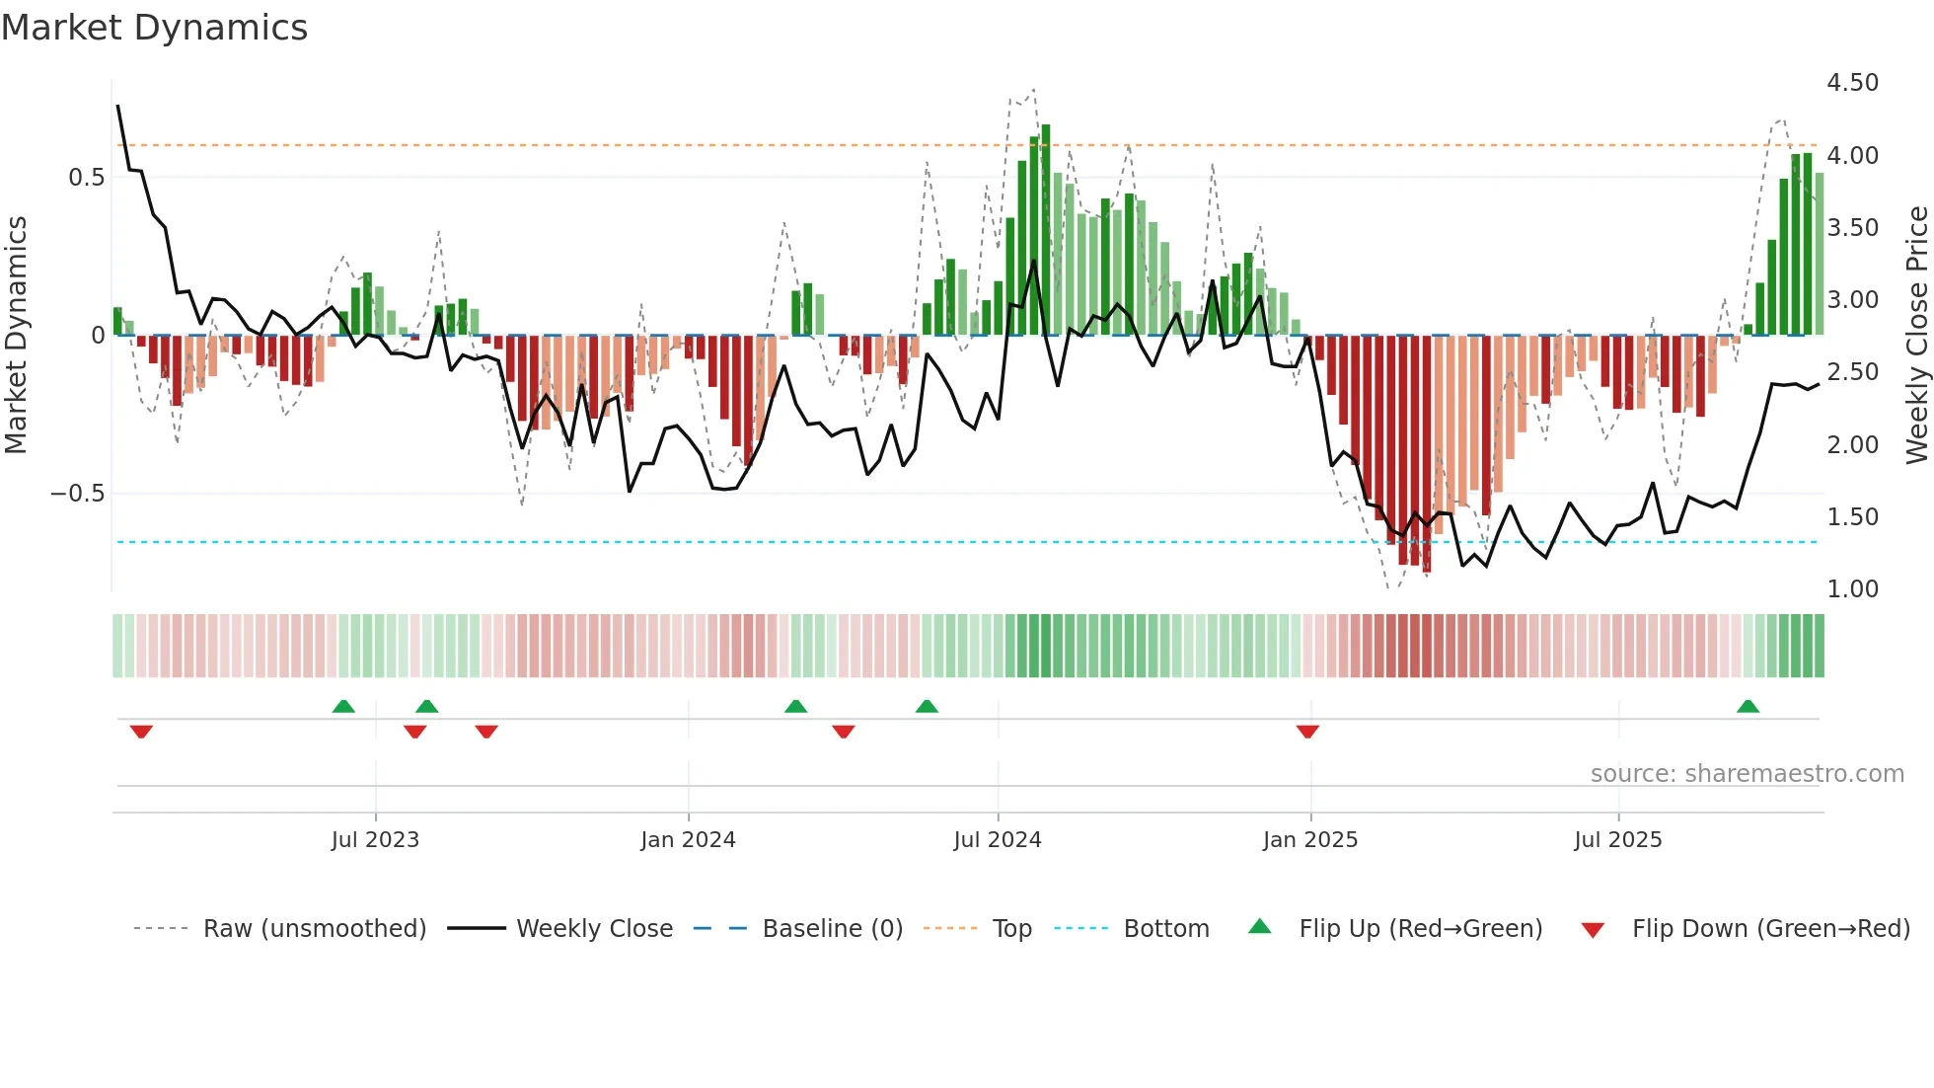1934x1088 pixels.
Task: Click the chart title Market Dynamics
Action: (x=154, y=28)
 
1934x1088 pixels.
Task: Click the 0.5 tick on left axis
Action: (x=86, y=178)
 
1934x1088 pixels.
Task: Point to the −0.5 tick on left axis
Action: (x=78, y=494)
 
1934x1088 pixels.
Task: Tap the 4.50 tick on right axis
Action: (x=1852, y=83)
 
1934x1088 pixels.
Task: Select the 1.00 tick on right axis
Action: (x=1852, y=589)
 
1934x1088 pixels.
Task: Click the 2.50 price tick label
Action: (x=1852, y=372)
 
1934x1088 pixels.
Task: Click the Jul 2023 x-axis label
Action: (x=375, y=840)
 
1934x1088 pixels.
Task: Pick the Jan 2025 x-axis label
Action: (x=1309, y=840)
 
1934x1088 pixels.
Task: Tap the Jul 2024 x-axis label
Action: (x=997, y=840)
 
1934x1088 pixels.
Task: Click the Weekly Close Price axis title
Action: (x=1916, y=336)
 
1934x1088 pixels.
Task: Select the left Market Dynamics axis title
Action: (x=16, y=336)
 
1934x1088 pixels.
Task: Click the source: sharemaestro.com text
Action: (x=1747, y=774)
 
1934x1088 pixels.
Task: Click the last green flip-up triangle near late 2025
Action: (x=1748, y=707)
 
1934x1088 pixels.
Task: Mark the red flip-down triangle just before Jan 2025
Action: (x=1307, y=731)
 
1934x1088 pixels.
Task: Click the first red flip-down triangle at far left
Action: (x=141, y=731)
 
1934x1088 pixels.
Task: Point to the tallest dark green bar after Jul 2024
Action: (x=1046, y=227)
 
